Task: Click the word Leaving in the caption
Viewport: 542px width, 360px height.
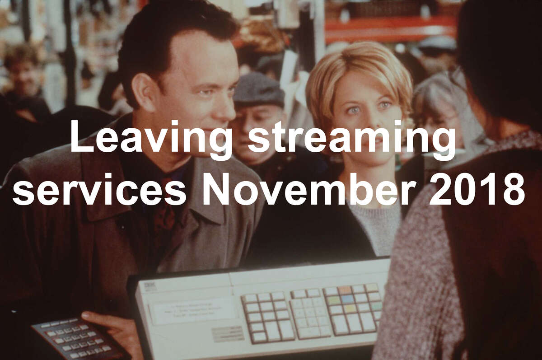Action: coord(151,139)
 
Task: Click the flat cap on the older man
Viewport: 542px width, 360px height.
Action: coord(258,90)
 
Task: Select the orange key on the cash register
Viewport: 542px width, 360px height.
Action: coord(345,290)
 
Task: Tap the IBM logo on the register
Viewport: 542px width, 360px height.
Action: coord(148,286)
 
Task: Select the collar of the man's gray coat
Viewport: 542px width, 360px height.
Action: coord(208,193)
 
